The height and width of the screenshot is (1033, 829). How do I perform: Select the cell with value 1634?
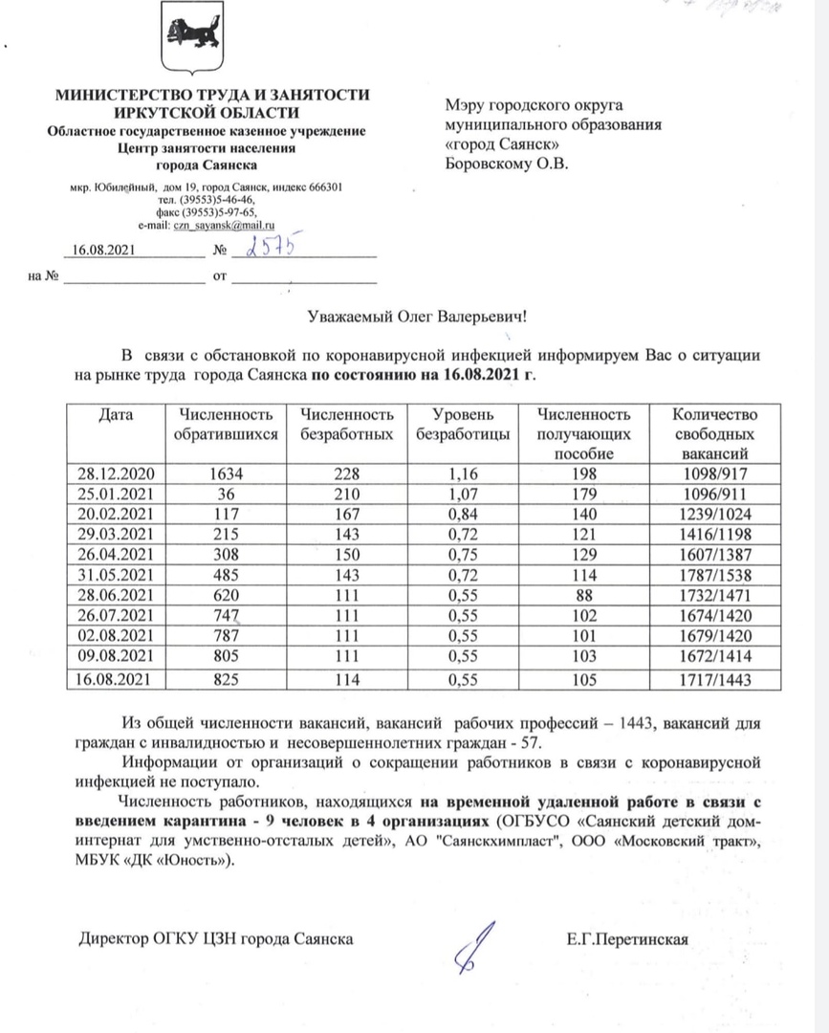point(227,473)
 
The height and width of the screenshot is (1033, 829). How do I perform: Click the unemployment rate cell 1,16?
point(462,473)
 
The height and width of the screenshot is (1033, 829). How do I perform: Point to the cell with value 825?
point(227,679)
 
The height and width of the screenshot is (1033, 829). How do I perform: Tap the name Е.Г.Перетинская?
point(626,938)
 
